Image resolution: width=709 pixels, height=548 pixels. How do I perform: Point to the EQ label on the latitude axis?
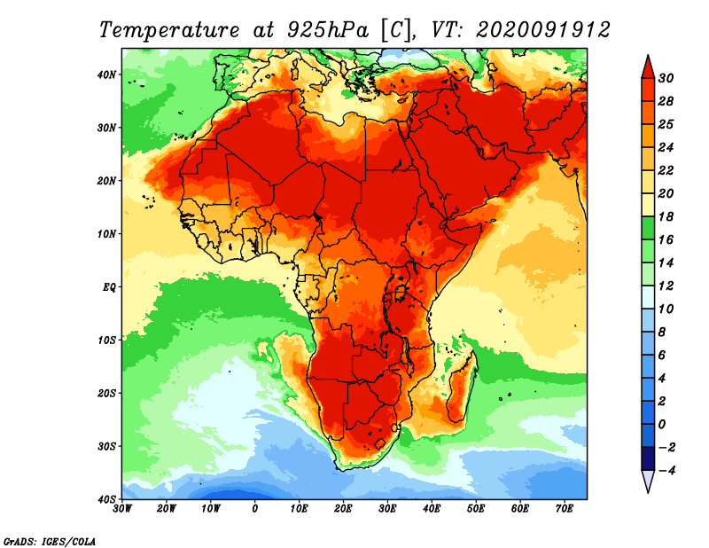click(x=109, y=286)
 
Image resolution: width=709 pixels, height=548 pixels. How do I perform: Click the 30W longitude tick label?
click(x=123, y=508)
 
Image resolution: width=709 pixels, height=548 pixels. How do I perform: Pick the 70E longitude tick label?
click(x=564, y=508)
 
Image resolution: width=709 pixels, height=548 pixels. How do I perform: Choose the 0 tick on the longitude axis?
click(x=255, y=508)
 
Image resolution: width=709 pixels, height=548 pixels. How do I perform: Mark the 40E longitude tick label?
click(x=432, y=508)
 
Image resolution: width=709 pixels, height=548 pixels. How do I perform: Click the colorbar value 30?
click(x=666, y=78)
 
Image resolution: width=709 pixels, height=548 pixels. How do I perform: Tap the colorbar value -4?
click(x=666, y=470)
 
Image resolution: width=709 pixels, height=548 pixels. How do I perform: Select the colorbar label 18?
click(x=666, y=216)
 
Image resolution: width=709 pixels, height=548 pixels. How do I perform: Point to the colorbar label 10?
click(x=666, y=309)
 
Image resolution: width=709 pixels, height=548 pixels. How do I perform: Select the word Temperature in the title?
click(x=168, y=29)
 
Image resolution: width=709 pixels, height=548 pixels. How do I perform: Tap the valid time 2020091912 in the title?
click(x=542, y=29)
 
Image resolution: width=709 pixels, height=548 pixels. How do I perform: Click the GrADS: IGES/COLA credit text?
click(x=50, y=539)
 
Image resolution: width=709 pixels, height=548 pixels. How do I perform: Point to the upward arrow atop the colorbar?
click(x=648, y=66)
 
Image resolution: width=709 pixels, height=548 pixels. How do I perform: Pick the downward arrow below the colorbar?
click(x=648, y=481)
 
